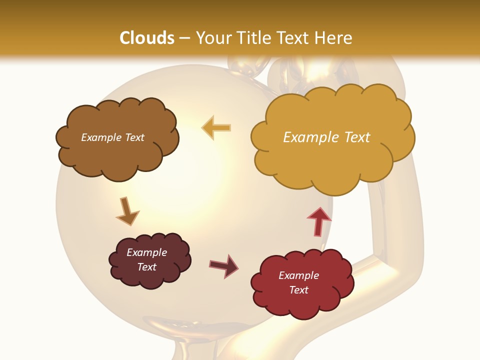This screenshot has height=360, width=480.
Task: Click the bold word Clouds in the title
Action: click(x=147, y=38)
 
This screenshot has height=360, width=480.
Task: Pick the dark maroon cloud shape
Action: click(x=150, y=277)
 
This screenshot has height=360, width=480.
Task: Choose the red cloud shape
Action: click(x=300, y=305)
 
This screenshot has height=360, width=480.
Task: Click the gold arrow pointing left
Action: click(x=216, y=128)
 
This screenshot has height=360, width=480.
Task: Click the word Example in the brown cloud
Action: click(x=100, y=137)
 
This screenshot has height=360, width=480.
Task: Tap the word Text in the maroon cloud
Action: click(x=147, y=267)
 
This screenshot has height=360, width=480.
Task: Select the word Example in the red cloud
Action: click(x=298, y=275)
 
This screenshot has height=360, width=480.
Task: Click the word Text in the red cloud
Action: click(x=298, y=290)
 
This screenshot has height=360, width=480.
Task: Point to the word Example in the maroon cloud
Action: click(x=147, y=252)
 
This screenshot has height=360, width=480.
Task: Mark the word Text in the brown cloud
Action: click(x=133, y=137)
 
